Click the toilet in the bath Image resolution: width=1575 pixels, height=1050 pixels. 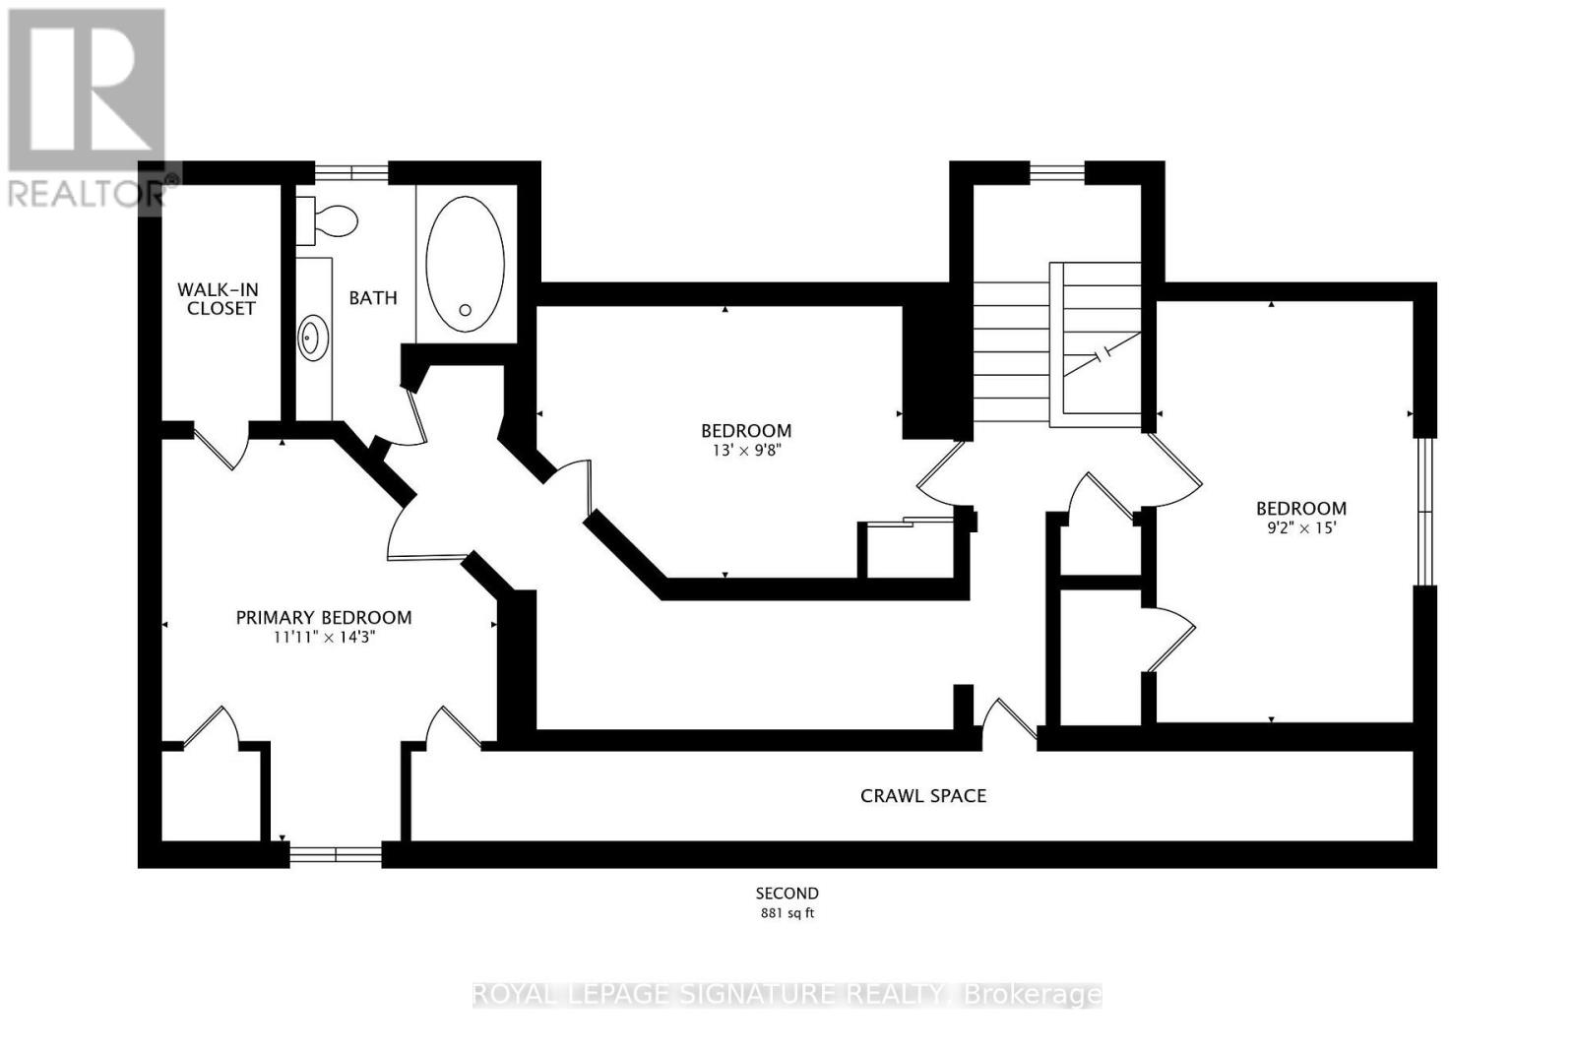tap(326, 220)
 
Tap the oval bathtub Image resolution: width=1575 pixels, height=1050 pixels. tap(465, 265)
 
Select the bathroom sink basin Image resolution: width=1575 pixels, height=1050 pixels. tap(313, 339)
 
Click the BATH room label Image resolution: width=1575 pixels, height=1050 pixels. tap(373, 298)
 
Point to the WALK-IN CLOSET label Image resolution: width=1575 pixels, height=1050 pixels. tap(218, 299)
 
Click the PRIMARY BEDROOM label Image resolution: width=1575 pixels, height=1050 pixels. tap(324, 618)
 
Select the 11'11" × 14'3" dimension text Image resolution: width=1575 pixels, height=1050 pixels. tap(325, 638)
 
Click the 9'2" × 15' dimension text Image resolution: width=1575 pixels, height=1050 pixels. tap(1301, 527)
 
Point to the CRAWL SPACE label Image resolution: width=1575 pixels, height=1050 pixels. tap(923, 795)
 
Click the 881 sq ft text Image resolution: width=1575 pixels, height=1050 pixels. tap(787, 913)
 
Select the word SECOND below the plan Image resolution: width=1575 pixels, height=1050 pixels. tap(787, 894)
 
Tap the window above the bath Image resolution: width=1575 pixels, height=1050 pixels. tap(351, 173)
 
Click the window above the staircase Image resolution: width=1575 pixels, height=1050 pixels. tap(1057, 173)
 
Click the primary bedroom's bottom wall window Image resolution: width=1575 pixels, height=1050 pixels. tap(336, 854)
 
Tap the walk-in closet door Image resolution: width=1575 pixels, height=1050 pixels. tap(223, 447)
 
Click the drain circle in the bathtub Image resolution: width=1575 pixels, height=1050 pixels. tap(465, 310)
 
